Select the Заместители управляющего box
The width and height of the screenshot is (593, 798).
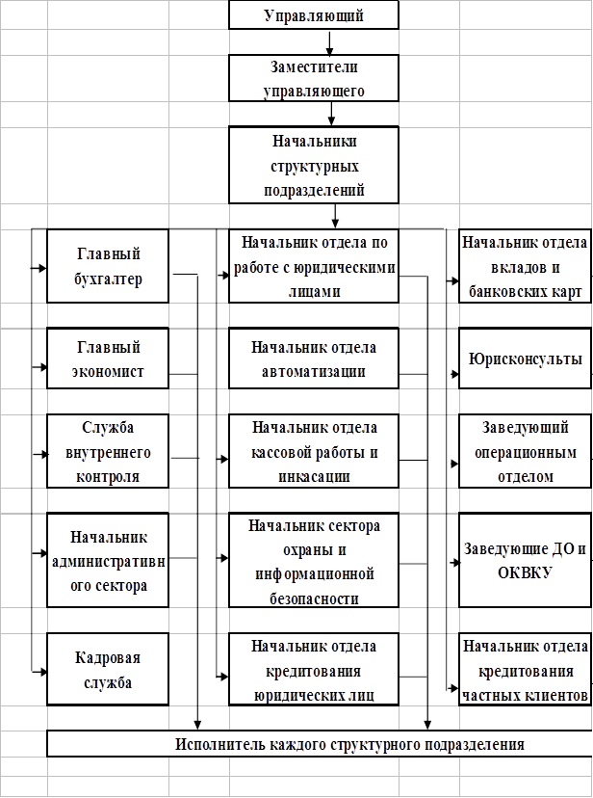(x=314, y=78)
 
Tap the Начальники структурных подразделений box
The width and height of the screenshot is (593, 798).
(x=314, y=165)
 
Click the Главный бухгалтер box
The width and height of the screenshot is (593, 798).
(x=108, y=266)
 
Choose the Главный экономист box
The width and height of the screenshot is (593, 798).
(x=108, y=359)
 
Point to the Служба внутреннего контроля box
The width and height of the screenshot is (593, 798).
(x=108, y=450)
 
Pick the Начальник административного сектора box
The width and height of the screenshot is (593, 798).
(x=108, y=560)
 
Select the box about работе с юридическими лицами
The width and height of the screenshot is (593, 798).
(x=314, y=266)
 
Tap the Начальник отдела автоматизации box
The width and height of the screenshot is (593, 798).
(x=314, y=359)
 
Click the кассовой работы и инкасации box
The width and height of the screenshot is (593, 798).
(x=314, y=450)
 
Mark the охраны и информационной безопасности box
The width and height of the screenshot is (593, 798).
(x=314, y=560)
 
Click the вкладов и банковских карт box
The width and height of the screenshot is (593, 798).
(x=525, y=266)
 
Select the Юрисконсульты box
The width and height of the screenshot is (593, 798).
(x=525, y=359)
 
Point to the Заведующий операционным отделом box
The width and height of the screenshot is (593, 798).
(x=525, y=450)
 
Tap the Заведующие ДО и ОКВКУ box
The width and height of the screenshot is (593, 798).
(x=525, y=560)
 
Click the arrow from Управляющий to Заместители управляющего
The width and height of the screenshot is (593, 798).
(x=330, y=42)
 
